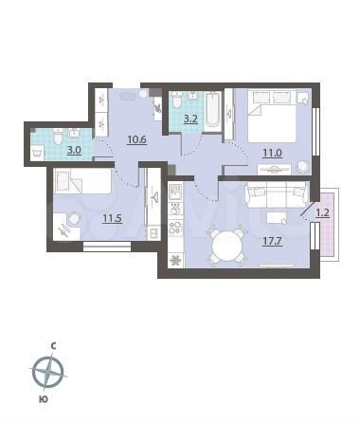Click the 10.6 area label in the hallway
pos(138,141)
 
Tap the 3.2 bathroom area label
pos(190,119)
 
